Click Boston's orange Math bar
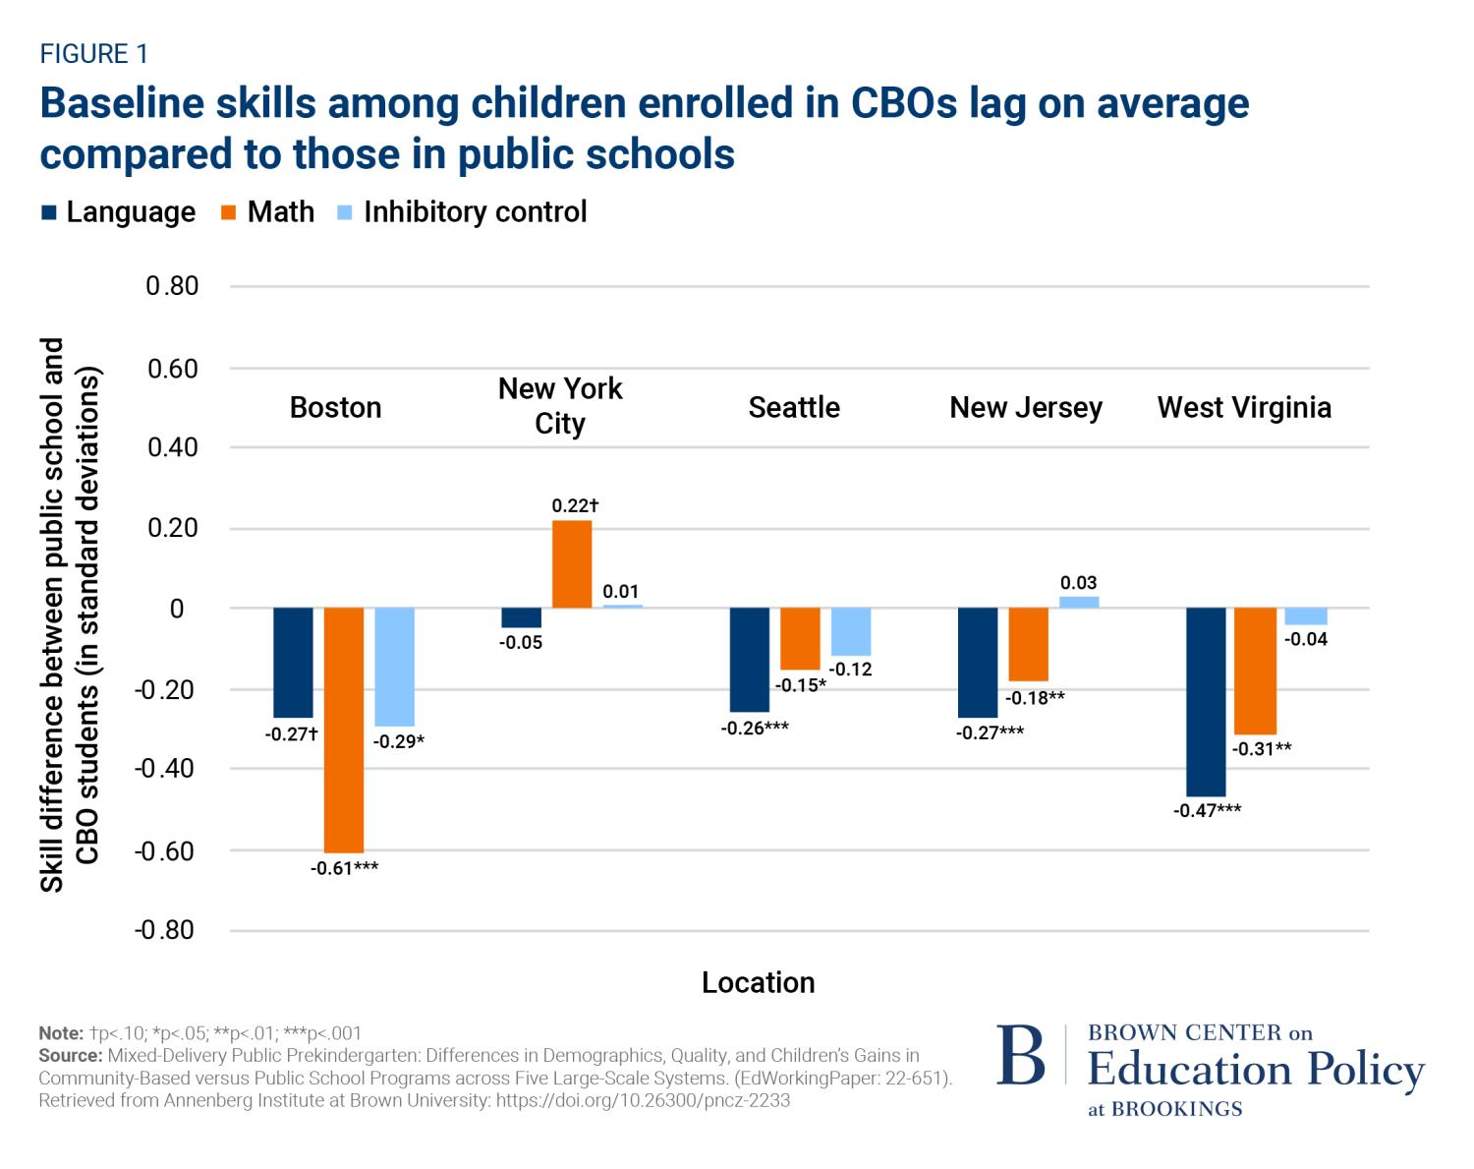point(344,730)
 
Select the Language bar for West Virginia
point(1206,701)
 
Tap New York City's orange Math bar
point(572,564)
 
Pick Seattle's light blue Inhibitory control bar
point(851,631)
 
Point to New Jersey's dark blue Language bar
point(978,662)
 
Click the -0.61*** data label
point(344,869)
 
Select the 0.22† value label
point(575,506)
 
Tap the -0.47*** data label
point(1207,811)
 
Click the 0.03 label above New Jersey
point(1078,583)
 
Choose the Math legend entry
point(280,212)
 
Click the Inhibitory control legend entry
point(475,212)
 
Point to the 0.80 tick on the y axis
point(172,286)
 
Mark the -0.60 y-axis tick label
point(164,850)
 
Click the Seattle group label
point(794,407)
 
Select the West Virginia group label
point(1244,407)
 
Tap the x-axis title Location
point(758,982)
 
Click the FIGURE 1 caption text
point(93,54)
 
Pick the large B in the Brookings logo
point(1021,1058)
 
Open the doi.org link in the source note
point(643,1101)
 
